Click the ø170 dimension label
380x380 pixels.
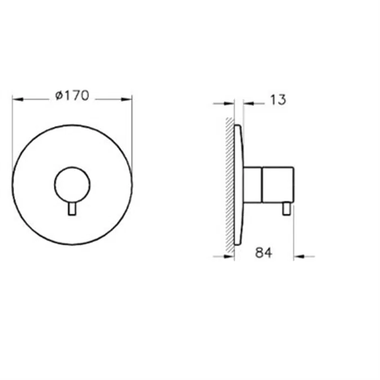(x=72, y=96)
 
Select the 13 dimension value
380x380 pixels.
(x=278, y=100)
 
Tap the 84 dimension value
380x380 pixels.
(x=263, y=253)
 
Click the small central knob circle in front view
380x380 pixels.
(x=71, y=185)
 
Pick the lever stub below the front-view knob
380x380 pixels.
(x=71, y=209)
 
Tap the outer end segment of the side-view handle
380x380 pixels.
(x=278, y=185)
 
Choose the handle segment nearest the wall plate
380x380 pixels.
(x=253, y=185)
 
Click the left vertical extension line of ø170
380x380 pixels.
(x=12, y=135)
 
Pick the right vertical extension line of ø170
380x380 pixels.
(x=132, y=135)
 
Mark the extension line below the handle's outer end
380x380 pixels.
(x=293, y=236)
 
